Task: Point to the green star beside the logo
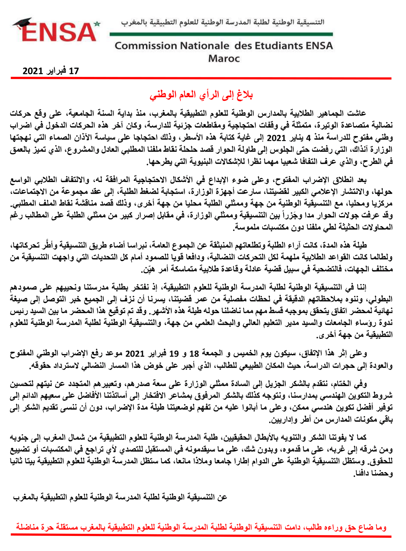pos(97,24)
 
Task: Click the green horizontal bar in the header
pos(221,34)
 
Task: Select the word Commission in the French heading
pos(146,46)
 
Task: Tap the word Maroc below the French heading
pos(224,58)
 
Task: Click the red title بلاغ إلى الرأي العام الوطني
pos(201,95)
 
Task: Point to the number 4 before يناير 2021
pos(308,138)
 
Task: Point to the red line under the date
pos(201,78)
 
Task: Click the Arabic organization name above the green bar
pos(223,22)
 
